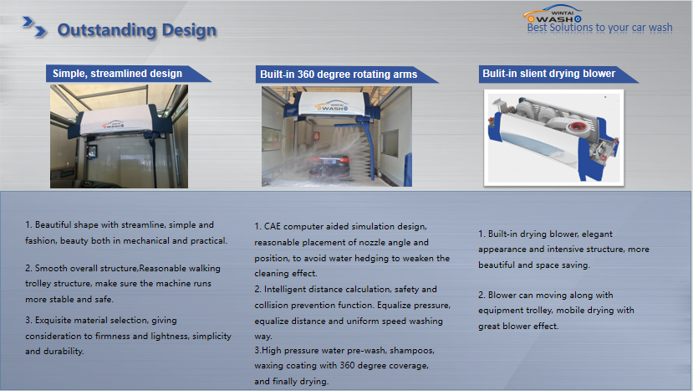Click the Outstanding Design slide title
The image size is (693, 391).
pyautogui.click(x=137, y=30)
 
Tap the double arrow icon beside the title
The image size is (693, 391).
pyautogui.click(x=34, y=27)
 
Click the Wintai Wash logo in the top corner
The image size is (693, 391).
pyautogui.click(x=553, y=14)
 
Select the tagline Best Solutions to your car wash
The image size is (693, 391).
pyautogui.click(x=599, y=28)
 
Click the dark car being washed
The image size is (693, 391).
pyautogui.click(x=329, y=165)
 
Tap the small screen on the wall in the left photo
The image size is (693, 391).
pyautogui.click(x=92, y=152)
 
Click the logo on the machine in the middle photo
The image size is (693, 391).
pyautogui.click(x=333, y=106)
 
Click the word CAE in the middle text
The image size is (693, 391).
pyautogui.click(x=273, y=227)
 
